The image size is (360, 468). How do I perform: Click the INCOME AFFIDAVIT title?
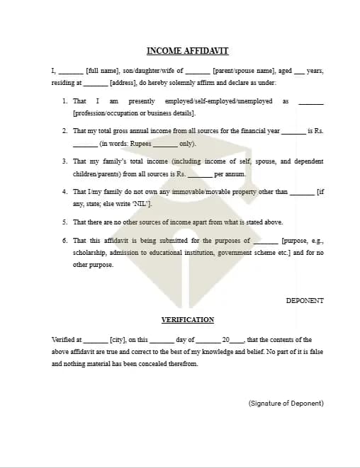187,51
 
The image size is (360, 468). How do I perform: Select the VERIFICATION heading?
187,320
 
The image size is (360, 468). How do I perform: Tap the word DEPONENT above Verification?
305,300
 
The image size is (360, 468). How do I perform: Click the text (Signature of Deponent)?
286,403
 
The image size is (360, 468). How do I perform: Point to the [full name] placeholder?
102,71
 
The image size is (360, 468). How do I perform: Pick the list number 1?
64,101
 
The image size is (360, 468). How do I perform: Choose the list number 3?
64,161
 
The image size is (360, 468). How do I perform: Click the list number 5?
64,222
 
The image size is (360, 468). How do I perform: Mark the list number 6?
64,241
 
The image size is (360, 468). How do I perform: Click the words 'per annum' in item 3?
230,173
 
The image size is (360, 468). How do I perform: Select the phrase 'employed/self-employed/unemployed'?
218,101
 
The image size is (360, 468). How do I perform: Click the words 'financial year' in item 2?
260,131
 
